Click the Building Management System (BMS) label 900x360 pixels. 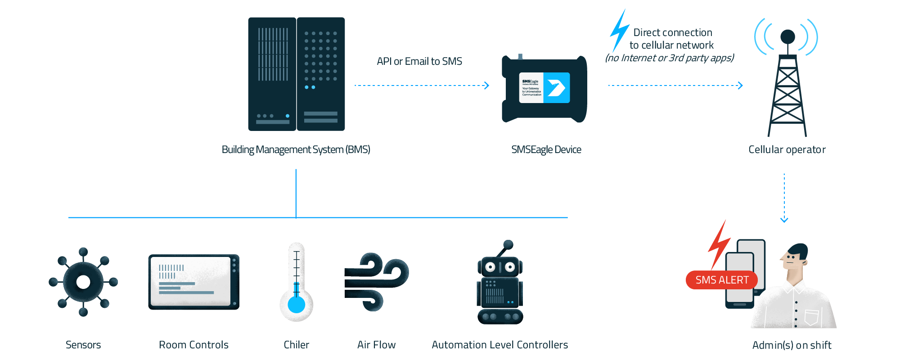click(296, 149)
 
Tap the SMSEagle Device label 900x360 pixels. click(546, 149)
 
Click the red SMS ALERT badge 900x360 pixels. click(721, 280)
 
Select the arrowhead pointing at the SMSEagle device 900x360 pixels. click(486, 85)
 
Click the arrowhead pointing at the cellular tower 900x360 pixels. click(740, 85)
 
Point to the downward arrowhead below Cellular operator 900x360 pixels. click(784, 220)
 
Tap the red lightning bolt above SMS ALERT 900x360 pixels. click(719, 245)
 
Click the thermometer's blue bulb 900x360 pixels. click(296, 304)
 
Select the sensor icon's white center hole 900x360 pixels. click(83, 282)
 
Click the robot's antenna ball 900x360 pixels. click(508, 244)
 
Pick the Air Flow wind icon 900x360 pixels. click(376, 281)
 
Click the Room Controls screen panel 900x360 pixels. click(193, 282)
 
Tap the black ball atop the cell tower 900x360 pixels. click(787, 36)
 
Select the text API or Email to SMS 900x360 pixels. click(419, 61)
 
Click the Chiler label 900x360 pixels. click(296, 345)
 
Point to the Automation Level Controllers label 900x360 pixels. click(499, 345)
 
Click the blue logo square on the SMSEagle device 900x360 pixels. click(556, 88)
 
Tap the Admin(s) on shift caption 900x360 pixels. click(792, 345)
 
